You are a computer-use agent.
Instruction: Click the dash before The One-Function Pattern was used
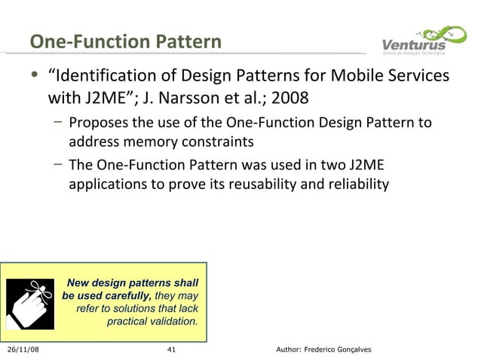[58, 164]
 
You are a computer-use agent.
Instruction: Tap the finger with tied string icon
[31, 303]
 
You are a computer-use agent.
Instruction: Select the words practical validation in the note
[152, 322]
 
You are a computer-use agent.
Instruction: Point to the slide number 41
[170, 350]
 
